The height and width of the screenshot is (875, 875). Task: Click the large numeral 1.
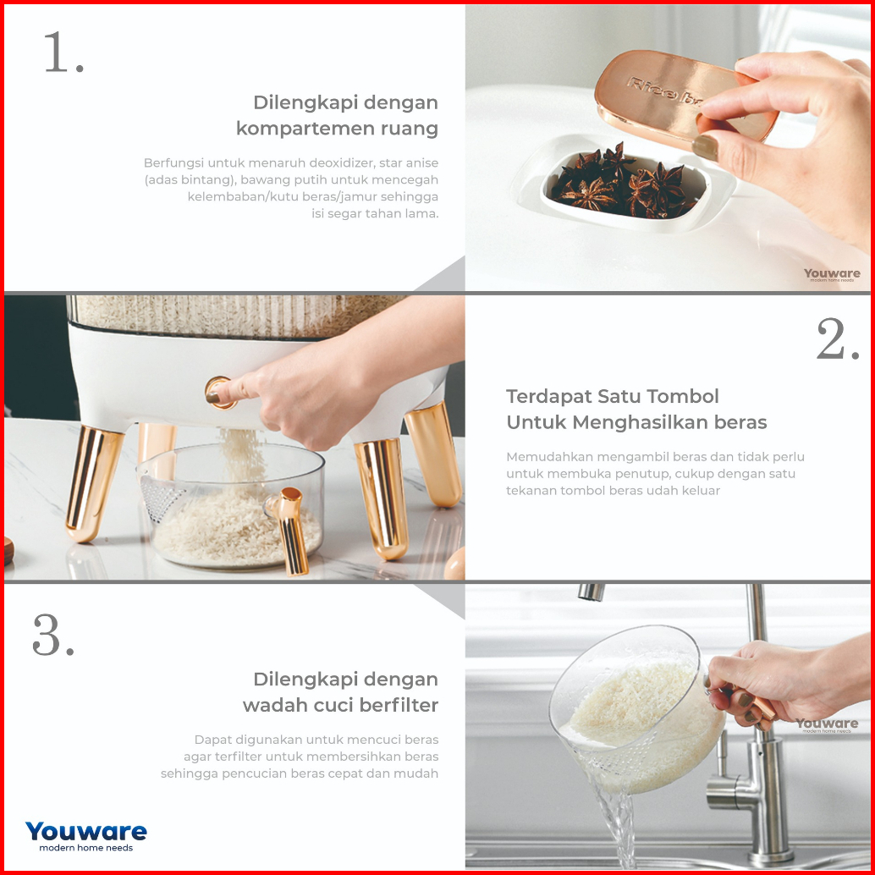(58, 52)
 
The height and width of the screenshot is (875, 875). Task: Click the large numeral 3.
(47, 635)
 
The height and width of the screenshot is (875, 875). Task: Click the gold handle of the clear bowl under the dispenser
(291, 530)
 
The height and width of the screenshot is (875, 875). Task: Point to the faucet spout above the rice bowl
(591, 592)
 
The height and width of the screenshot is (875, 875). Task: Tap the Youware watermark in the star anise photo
(832, 274)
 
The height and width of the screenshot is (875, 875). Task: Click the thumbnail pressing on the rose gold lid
(705, 146)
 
